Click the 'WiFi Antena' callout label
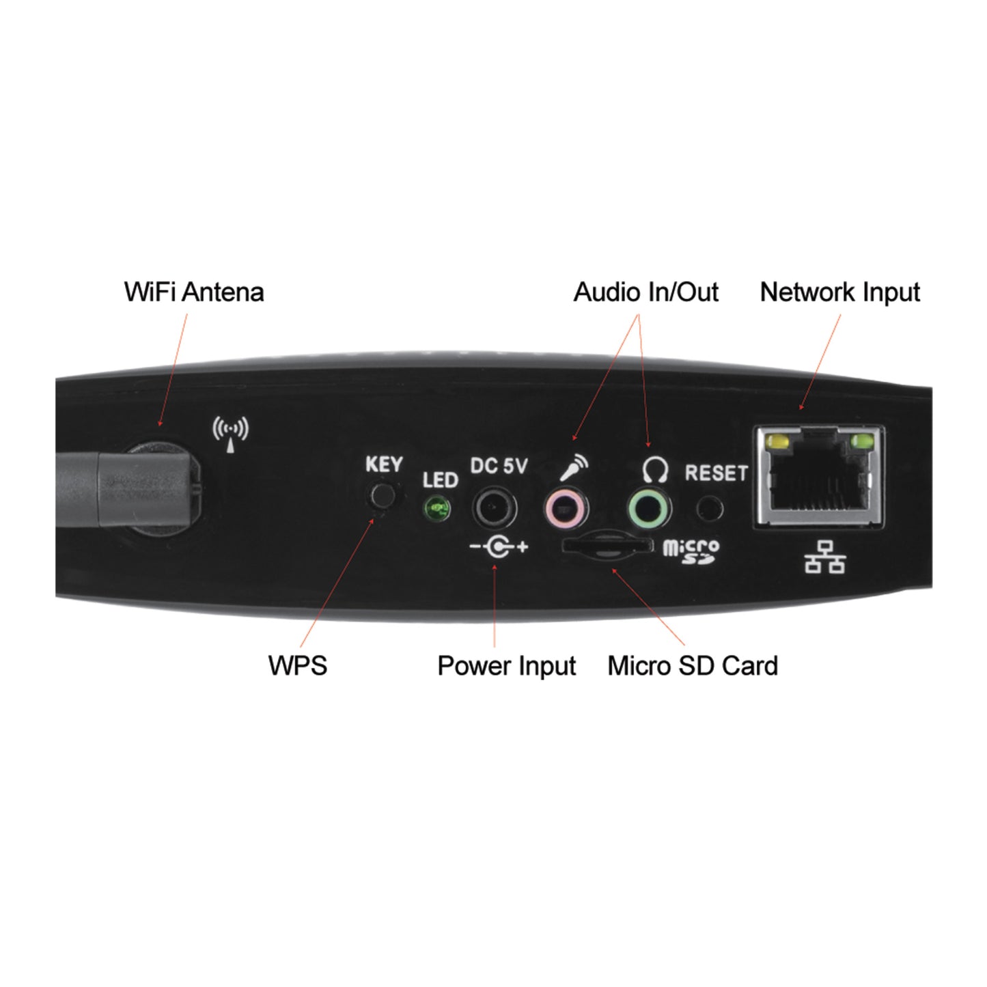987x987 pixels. click(x=193, y=292)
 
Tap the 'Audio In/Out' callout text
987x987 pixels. click(x=645, y=292)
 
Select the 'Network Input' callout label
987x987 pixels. click(x=839, y=292)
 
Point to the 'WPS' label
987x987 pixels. click(x=298, y=665)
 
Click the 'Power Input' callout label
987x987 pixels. click(x=507, y=666)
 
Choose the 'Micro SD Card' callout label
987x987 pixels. click(x=693, y=666)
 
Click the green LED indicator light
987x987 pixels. click(x=436, y=509)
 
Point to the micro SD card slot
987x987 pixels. click(x=607, y=546)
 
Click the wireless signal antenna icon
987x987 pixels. click(x=230, y=434)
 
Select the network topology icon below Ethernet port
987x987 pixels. click(x=824, y=557)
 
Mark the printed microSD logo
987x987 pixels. click(x=691, y=552)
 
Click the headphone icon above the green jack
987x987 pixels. click(x=655, y=470)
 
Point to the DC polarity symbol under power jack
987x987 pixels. click(x=499, y=547)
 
